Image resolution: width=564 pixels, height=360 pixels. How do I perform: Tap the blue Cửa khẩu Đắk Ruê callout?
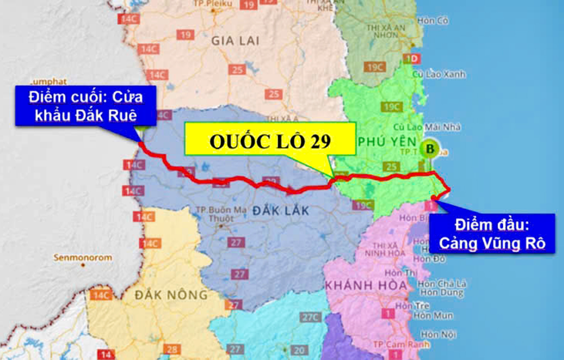tap(86, 105)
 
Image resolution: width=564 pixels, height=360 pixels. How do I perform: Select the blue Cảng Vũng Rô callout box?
tap(492, 233)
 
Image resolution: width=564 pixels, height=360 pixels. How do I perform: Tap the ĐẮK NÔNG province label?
tap(171, 295)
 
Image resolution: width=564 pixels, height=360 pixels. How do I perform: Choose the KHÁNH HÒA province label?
tap(359, 285)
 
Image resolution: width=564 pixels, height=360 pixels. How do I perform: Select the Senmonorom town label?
tap(83, 257)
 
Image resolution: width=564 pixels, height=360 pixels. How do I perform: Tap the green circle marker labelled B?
tap(429, 148)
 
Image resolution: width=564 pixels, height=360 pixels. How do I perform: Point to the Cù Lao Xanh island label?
tap(439, 74)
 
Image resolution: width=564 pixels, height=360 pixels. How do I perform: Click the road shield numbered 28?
tap(172, 349)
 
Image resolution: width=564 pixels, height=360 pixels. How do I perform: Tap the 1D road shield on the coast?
tap(412, 58)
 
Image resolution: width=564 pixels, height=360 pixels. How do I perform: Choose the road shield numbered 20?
tap(299, 350)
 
